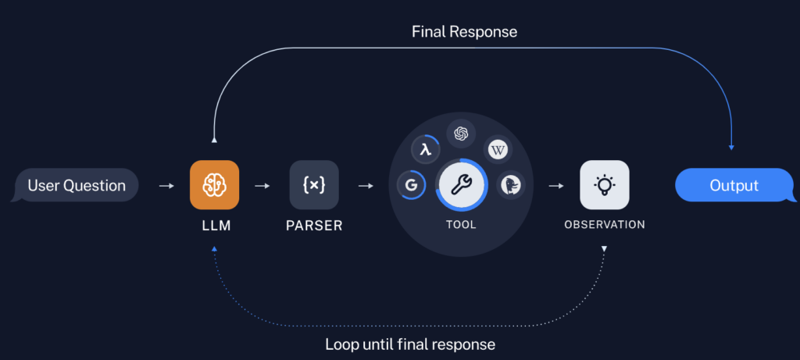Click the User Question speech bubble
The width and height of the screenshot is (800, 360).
[x=77, y=186]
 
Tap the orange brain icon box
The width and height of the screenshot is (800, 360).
[x=214, y=185]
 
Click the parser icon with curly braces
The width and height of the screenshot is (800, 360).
[x=314, y=185]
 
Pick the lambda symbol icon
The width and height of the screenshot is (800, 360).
[x=425, y=149]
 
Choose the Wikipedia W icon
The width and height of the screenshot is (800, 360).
[x=498, y=149]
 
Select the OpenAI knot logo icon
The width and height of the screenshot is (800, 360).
[x=461, y=134]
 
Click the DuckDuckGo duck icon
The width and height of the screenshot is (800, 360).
[x=512, y=185]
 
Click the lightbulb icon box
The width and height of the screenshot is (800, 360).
[x=604, y=185]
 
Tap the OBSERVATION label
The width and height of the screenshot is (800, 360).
[x=604, y=225]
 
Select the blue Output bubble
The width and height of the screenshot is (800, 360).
[x=734, y=186]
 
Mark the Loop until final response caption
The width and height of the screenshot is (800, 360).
[x=410, y=344]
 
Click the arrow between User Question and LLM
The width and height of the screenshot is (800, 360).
[x=166, y=186]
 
